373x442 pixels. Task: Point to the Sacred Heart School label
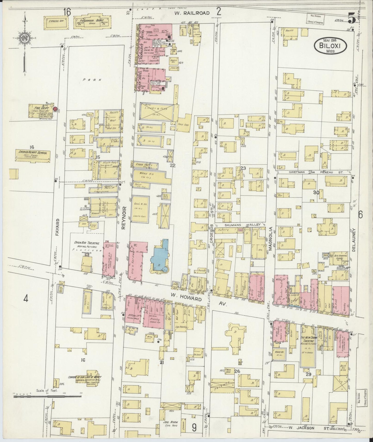(x=33, y=153)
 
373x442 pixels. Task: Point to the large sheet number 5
(x=352, y=18)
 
